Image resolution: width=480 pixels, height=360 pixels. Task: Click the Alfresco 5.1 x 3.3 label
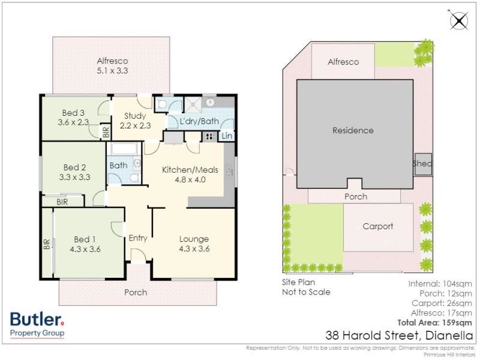112,66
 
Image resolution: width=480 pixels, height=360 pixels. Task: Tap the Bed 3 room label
73,118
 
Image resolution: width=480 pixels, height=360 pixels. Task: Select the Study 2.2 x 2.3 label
136,121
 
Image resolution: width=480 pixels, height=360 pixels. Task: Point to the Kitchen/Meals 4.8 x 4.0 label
190,175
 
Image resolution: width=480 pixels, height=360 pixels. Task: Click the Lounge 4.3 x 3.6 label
194,244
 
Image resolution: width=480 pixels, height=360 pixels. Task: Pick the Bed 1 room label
85,244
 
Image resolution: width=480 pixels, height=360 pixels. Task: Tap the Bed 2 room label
74,172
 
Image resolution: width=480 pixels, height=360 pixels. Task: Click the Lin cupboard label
227,136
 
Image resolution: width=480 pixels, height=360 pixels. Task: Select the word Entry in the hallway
138,238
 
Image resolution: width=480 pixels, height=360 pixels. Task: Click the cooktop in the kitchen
209,137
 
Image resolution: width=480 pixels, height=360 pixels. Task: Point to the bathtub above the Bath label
124,149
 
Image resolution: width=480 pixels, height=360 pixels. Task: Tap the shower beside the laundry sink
193,105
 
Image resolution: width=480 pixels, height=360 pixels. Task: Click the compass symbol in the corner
458,20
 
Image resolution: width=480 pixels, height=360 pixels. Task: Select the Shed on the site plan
423,164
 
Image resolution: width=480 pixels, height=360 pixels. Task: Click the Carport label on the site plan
378,226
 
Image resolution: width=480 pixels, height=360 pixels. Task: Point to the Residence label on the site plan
353,130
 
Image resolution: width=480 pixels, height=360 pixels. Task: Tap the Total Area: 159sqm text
434,322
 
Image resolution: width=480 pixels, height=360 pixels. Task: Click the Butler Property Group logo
37,325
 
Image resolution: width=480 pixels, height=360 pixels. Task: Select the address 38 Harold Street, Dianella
399,335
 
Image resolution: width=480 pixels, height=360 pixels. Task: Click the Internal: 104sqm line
440,284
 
